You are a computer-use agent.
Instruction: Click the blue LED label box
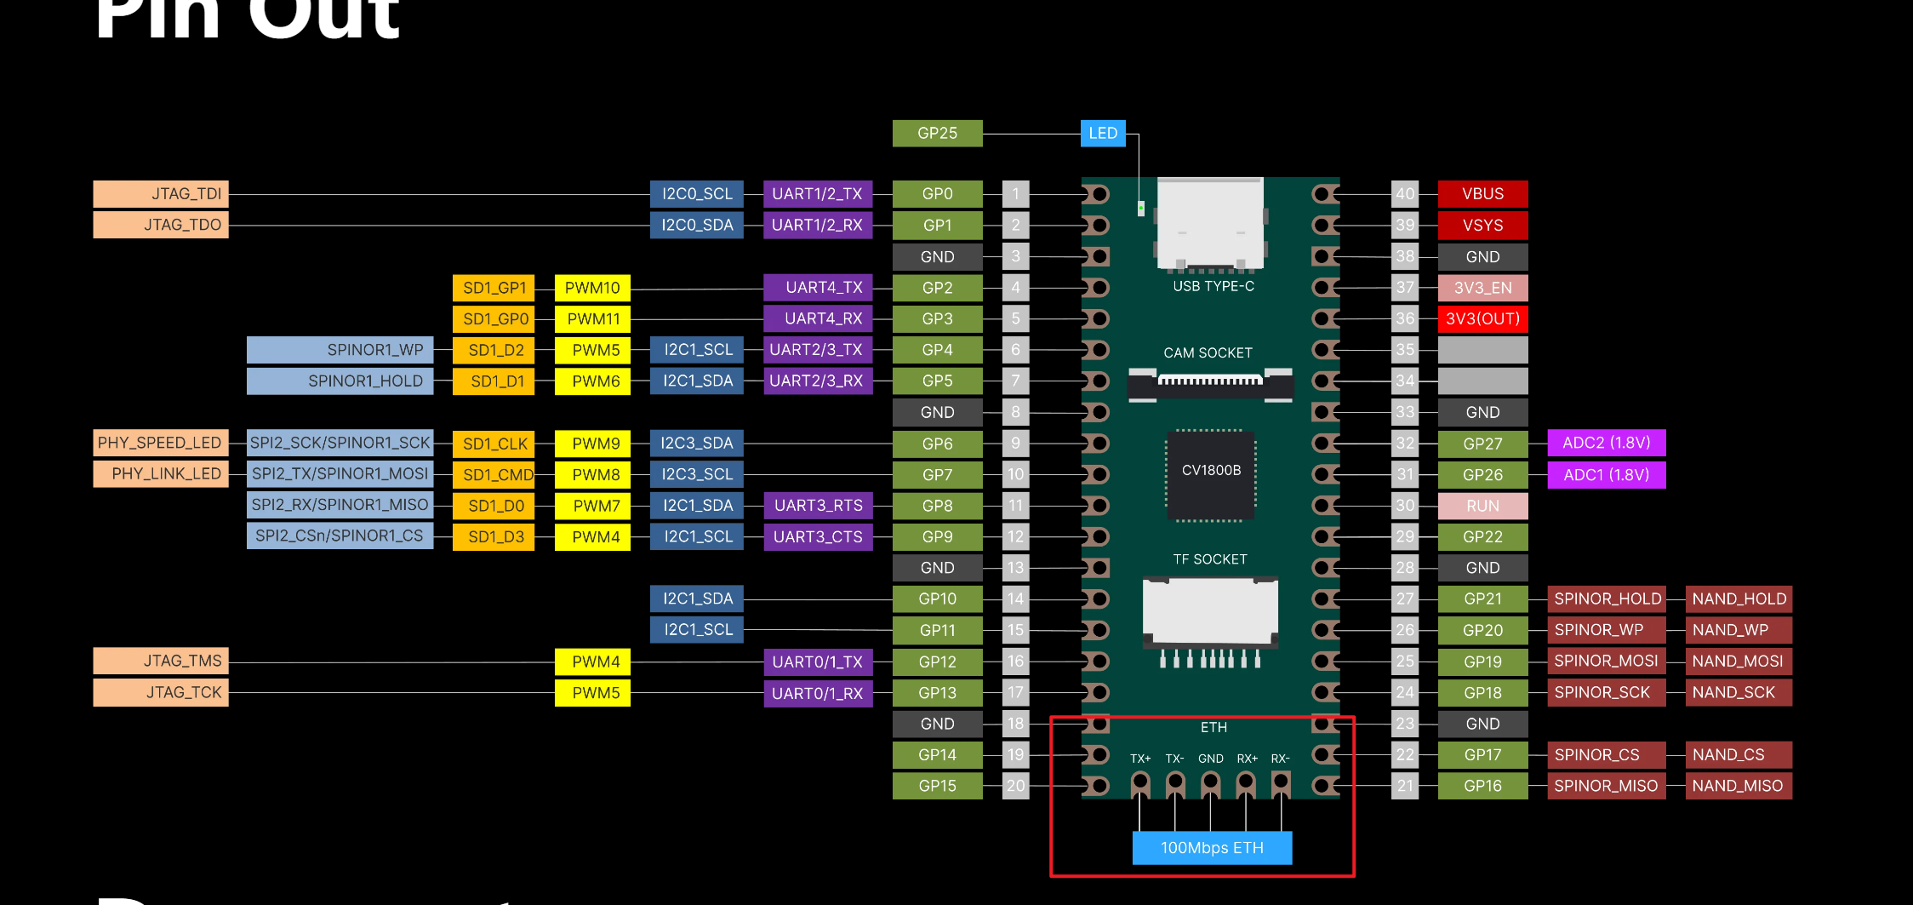click(1103, 134)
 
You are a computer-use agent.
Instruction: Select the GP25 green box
click(937, 134)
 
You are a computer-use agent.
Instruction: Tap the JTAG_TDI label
click(161, 194)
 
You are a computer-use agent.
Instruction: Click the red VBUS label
click(1482, 194)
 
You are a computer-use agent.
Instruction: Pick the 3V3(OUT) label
click(1482, 319)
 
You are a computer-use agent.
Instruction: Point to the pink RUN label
click(1482, 507)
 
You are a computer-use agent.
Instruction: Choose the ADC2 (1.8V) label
click(1606, 444)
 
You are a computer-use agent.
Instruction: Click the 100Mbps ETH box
click(1212, 848)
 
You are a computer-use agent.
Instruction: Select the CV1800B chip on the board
click(1211, 474)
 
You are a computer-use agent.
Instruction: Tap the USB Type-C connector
click(1210, 223)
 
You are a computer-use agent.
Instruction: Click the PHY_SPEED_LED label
click(161, 444)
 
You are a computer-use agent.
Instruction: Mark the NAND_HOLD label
click(1739, 599)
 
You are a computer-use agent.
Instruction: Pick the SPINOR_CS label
click(1606, 755)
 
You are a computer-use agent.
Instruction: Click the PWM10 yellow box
click(592, 289)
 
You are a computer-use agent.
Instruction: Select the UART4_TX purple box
click(818, 289)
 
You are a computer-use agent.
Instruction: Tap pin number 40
click(1405, 194)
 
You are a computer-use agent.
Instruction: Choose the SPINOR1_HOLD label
click(340, 381)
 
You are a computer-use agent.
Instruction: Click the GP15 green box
click(937, 787)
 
